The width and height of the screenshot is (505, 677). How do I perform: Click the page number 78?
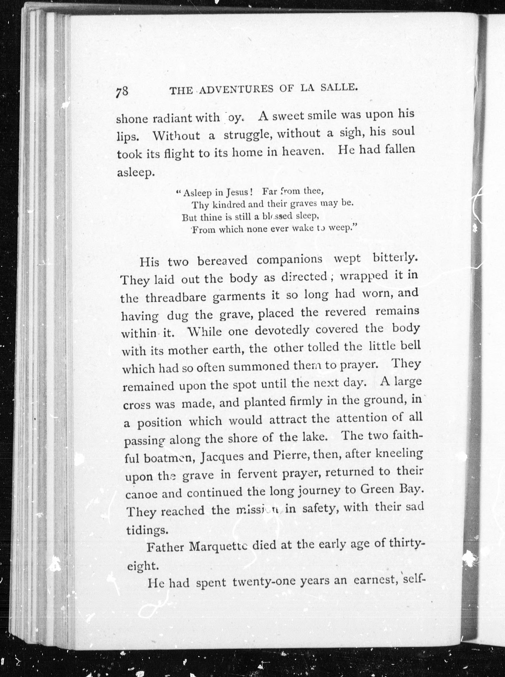122,91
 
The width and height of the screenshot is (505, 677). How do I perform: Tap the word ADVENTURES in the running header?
237,89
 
